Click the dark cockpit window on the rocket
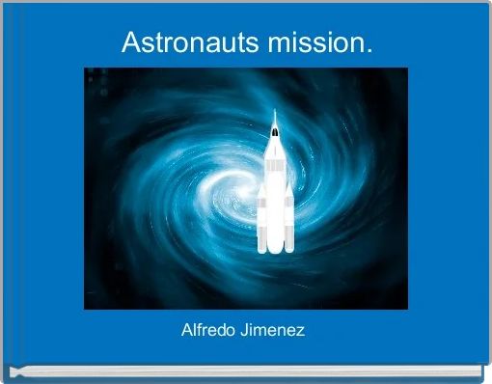point(274,128)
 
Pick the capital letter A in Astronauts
point(131,43)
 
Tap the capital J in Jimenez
point(247,331)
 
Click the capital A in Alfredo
point(187,331)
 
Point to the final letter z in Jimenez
point(302,332)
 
